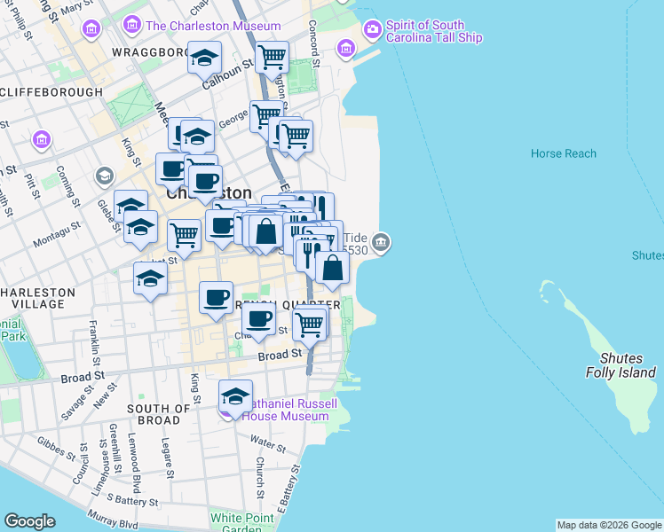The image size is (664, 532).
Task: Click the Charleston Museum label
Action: (x=213, y=26)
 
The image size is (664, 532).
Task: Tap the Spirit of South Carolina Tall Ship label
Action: (x=435, y=31)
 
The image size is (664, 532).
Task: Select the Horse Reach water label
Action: (x=564, y=153)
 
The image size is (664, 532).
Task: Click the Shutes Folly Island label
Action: (x=627, y=365)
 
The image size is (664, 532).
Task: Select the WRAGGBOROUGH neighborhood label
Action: (x=149, y=52)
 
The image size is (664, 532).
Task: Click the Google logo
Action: (x=29, y=521)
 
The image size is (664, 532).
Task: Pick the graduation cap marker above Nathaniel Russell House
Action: (x=235, y=395)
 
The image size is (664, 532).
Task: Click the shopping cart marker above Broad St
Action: (x=309, y=324)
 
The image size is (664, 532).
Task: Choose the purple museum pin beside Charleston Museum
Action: (x=133, y=25)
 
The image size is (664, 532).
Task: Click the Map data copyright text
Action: (x=609, y=525)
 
